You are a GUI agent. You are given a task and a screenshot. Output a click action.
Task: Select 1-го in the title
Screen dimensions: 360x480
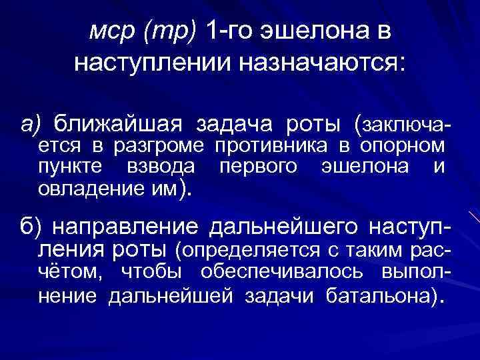point(229,31)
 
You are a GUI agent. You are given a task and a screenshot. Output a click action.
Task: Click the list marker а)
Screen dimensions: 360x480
point(30,124)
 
